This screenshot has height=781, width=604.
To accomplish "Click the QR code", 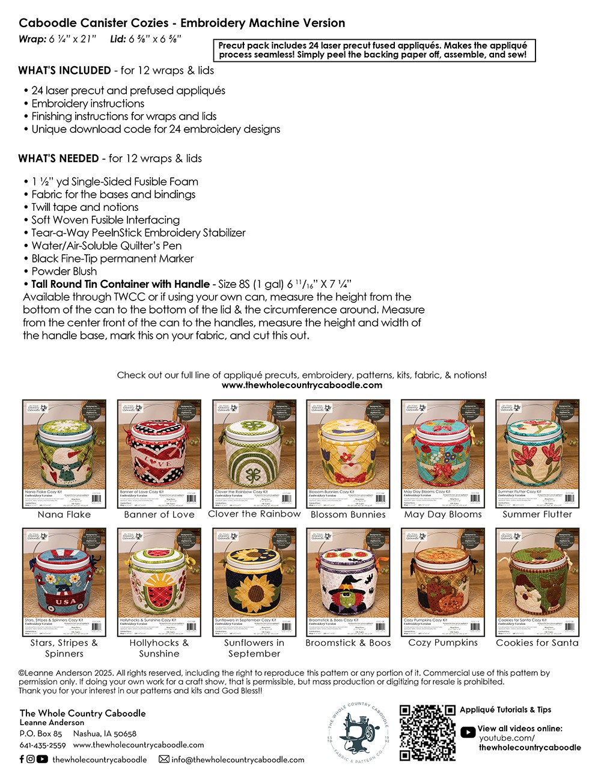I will click(427, 733).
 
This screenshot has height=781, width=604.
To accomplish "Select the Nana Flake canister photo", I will click(64, 454).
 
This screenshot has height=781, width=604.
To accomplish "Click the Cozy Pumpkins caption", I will click(443, 643).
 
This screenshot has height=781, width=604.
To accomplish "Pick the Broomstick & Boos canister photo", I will click(349, 582).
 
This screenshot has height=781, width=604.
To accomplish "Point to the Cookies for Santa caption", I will click(537, 643).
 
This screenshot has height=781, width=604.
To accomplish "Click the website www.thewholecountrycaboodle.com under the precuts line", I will click(302, 386).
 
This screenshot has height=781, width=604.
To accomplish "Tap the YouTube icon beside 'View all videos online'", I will click(468, 732).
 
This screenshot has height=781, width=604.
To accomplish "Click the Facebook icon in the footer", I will click(22, 759).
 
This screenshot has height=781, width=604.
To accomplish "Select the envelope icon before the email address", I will click(163, 759).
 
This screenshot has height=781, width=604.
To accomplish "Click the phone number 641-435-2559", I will click(43, 746).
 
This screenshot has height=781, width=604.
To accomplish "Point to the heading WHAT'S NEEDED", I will click(58, 159).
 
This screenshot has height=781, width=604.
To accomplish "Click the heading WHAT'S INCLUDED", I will click(64, 70).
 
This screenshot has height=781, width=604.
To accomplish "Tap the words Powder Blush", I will click(64, 271).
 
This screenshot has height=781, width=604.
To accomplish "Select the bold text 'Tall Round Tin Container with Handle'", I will click(120, 284).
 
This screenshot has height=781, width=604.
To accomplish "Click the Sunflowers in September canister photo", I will click(254, 582).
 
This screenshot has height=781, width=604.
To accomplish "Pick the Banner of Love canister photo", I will click(159, 454).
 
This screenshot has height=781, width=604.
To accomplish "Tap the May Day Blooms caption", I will click(443, 515).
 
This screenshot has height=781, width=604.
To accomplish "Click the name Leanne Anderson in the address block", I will click(52, 723).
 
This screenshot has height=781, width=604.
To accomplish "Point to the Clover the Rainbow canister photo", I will click(254, 454).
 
